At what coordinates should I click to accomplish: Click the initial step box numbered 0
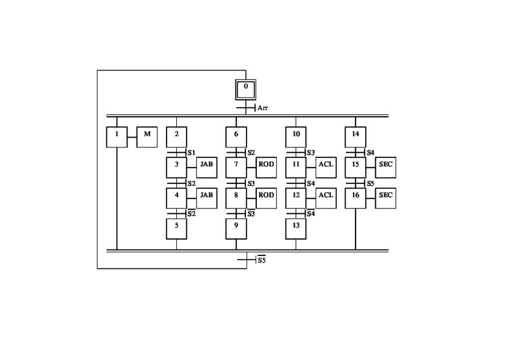(245, 89)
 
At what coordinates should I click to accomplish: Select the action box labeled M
(147, 137)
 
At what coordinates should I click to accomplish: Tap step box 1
(117, 137)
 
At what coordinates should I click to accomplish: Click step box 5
(176, 228)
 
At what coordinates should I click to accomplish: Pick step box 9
(236, 228)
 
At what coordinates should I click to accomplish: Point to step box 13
(296, 228)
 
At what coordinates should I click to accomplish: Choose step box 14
(355, 137)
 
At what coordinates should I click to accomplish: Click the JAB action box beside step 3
(206, 168)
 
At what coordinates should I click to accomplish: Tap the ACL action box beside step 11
(325, 168)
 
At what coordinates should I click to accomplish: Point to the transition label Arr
(263, 108)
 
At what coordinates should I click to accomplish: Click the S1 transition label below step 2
(191, 153)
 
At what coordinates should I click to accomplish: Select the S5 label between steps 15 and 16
(370, 183)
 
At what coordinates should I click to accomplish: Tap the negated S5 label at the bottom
(262, 260)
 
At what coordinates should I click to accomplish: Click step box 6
(236, 137)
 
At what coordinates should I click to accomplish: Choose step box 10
(296, 137)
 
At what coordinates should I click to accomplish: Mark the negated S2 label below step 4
(191, 213)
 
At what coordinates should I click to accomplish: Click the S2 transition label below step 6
(251, 153)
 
